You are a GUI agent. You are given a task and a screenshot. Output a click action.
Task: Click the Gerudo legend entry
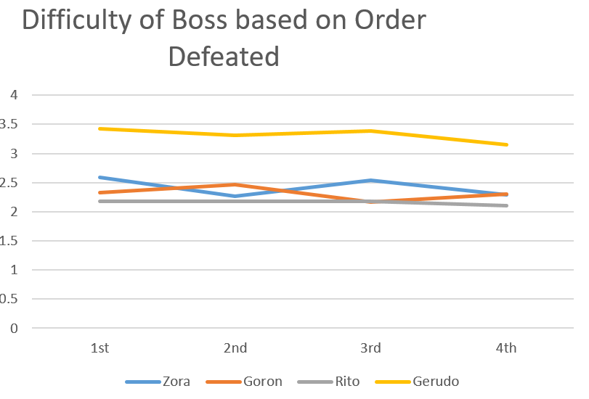436,381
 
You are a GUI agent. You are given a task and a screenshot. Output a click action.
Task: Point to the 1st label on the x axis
99,348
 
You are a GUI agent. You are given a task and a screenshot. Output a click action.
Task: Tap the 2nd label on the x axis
235,348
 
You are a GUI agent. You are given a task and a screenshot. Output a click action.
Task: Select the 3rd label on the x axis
370,348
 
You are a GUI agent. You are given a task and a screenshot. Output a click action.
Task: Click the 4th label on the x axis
506,348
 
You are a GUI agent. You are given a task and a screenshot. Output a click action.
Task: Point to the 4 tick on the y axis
13,95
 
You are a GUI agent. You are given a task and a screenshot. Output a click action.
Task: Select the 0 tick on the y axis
13,328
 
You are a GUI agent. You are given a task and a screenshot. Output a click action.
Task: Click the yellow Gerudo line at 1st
99,128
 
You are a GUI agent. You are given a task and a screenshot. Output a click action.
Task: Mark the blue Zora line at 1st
99,177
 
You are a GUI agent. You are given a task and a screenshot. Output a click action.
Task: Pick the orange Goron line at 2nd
235,184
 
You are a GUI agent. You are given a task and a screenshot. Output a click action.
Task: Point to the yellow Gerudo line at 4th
506,144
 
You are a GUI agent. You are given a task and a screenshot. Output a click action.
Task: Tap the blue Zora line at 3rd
370,180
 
